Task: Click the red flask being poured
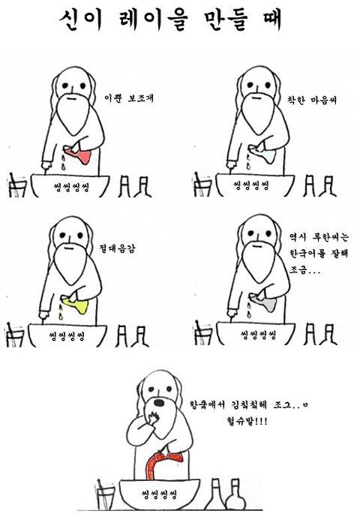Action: pyautogui.click(x=79, y=156)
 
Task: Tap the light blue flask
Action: pyautogui.click(x=263, y=155)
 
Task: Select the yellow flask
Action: pyautogui.click(x=76, y=304)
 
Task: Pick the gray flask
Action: pyautogui.click(x=265, y=302)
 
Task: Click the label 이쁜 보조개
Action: pyautogui.click(x=129, y=98)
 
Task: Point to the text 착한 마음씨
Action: pyautogui.click(x=312, y=100)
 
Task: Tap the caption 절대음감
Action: pyautogui.click(x=117, y=248)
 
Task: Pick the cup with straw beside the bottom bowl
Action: pyautogui.click(x=105, y=494)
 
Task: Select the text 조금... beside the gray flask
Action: pyautogui.click(x=304, y=270)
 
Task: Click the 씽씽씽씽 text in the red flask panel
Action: pyautogui.click(x=71, y=186)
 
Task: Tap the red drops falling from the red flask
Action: pyautogui.click(x=62, y=162)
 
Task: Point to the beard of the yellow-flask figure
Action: pyautogui.click(x=70, y=263)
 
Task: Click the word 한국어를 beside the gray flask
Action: pyautogui.click(x=305, y=253)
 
